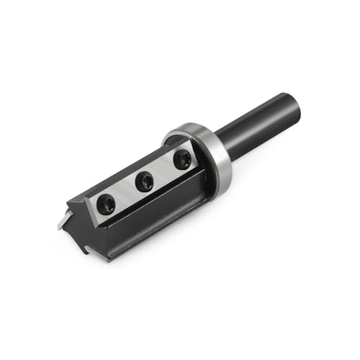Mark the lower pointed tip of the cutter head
(x=87, y=251)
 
